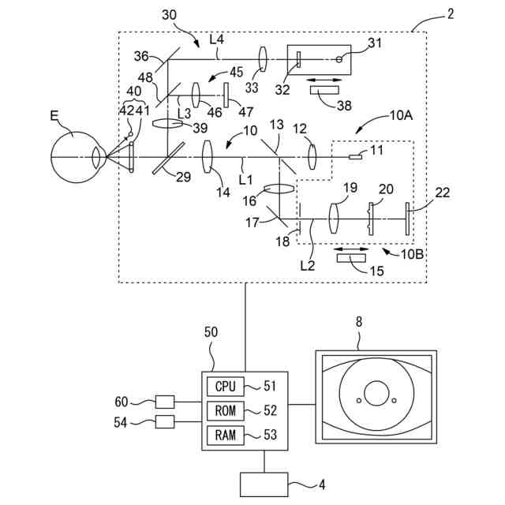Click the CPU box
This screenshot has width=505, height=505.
tap(226, 386)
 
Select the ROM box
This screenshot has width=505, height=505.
tap(226, 410)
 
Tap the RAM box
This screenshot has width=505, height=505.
tap(226, 435)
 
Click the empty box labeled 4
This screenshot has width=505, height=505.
tap(264, 484)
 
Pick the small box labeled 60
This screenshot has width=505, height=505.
tap(165, 402)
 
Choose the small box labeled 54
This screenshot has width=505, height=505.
tap(165, 421)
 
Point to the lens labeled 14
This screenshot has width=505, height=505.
tap(208, 157)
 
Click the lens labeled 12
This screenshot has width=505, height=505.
tap(312, 157)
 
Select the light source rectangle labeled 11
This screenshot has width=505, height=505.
tap(355, 157)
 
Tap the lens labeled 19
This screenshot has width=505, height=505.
tap(334, 219)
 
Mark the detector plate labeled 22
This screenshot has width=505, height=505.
tap(407, 219)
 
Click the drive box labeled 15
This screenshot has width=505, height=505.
tap(351, 258)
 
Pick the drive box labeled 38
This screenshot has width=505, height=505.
tap(324, 90)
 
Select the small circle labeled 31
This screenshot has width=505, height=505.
tap(339, 59)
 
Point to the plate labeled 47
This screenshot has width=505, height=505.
tap(226, 95)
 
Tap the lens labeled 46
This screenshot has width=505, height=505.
tap(196, 95)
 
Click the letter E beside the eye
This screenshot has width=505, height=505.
tap(54, 116)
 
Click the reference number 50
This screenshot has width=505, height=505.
tap(211, 332)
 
